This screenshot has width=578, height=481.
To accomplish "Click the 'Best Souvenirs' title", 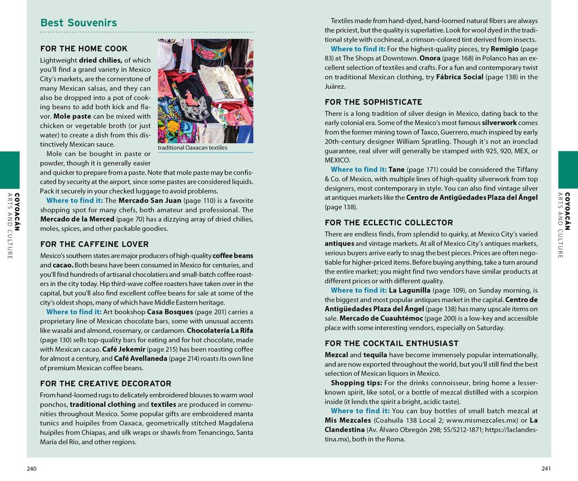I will [79, 23].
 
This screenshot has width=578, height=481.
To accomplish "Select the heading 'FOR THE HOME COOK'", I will [84, 49].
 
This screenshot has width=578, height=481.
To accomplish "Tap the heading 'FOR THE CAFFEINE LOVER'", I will [95, 244].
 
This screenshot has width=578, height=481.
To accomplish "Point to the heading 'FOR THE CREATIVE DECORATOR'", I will [105, 384].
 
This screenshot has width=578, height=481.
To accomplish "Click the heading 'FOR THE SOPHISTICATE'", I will [373, 102].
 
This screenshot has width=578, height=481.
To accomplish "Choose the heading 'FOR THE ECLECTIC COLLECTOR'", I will [389, 223].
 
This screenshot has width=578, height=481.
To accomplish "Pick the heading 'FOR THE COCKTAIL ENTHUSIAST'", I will [392, 343].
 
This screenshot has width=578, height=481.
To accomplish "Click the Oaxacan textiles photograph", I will [205, 91].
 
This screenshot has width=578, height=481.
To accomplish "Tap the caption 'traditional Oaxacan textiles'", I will [192, 148].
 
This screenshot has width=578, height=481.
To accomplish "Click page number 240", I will [32, 469].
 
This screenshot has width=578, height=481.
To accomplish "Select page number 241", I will [546, 469].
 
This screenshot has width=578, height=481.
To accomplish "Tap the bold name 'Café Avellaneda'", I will [141, 359].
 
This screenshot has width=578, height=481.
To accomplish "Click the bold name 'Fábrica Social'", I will [460, 77].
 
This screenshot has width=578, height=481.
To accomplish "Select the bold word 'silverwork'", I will [499, 123].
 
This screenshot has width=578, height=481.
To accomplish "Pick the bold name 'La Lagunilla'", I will [410, 290].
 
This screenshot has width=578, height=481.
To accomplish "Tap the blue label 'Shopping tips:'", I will [354, 383].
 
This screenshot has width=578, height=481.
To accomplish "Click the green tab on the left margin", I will [10, 170].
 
